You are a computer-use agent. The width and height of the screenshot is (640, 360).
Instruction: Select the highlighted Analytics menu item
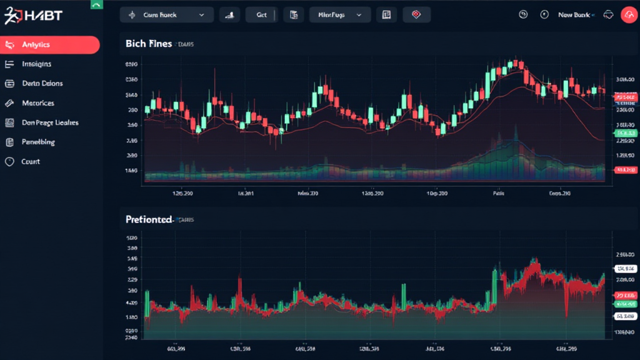pos(50,45)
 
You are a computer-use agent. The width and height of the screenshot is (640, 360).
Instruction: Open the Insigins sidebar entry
pos(36,64)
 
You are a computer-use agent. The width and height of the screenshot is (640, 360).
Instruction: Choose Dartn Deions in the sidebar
pos(42,83)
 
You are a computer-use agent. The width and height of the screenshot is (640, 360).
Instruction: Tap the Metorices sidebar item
pos(37,103)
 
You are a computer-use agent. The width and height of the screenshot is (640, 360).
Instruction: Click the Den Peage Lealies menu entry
pos(49,122)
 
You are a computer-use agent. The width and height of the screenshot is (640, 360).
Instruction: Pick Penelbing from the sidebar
pos(38,142)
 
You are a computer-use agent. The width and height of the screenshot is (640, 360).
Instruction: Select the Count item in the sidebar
pos(30,161)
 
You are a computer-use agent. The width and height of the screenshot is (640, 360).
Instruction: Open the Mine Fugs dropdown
pos(340,15)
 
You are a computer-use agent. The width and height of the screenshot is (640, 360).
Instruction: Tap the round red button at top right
pos(628,15)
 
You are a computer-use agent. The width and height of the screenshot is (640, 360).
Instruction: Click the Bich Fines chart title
pos(148,44)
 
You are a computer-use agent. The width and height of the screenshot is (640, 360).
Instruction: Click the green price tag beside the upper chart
pos(626,133)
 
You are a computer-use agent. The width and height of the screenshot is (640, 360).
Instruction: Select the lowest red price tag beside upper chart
pos(626,169)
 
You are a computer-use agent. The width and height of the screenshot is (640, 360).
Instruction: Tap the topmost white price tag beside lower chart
pos(626,269)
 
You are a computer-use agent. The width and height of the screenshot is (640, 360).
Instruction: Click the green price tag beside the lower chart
pos(626,303)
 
